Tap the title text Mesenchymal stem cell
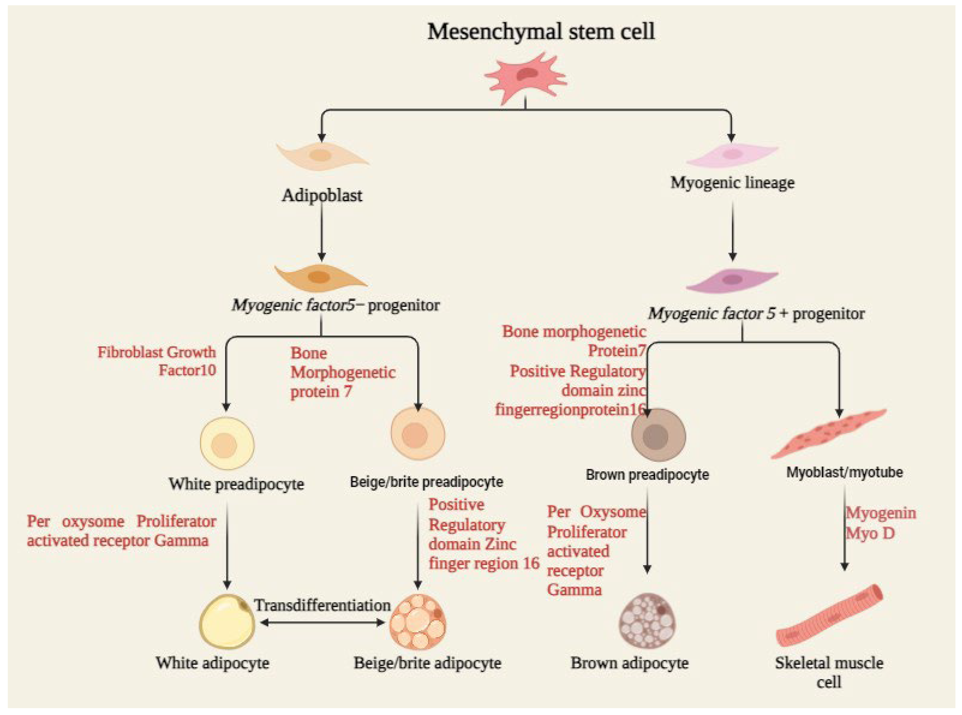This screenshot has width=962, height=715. coord(541,31)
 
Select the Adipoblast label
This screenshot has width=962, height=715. coord(322,195)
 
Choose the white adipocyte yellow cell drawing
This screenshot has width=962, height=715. coord(227,622)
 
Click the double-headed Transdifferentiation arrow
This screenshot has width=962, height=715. coord(323,623)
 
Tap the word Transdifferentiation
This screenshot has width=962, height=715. coord(323,605)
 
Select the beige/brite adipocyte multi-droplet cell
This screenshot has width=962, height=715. coord(417,622)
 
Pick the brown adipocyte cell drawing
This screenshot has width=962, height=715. coord(647,621)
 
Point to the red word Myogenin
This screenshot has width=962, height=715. coord(881,513)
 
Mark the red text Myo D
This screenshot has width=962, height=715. coord(870,533)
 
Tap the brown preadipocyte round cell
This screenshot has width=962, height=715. coord(658,435)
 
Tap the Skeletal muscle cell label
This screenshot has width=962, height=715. coord(829,671)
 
